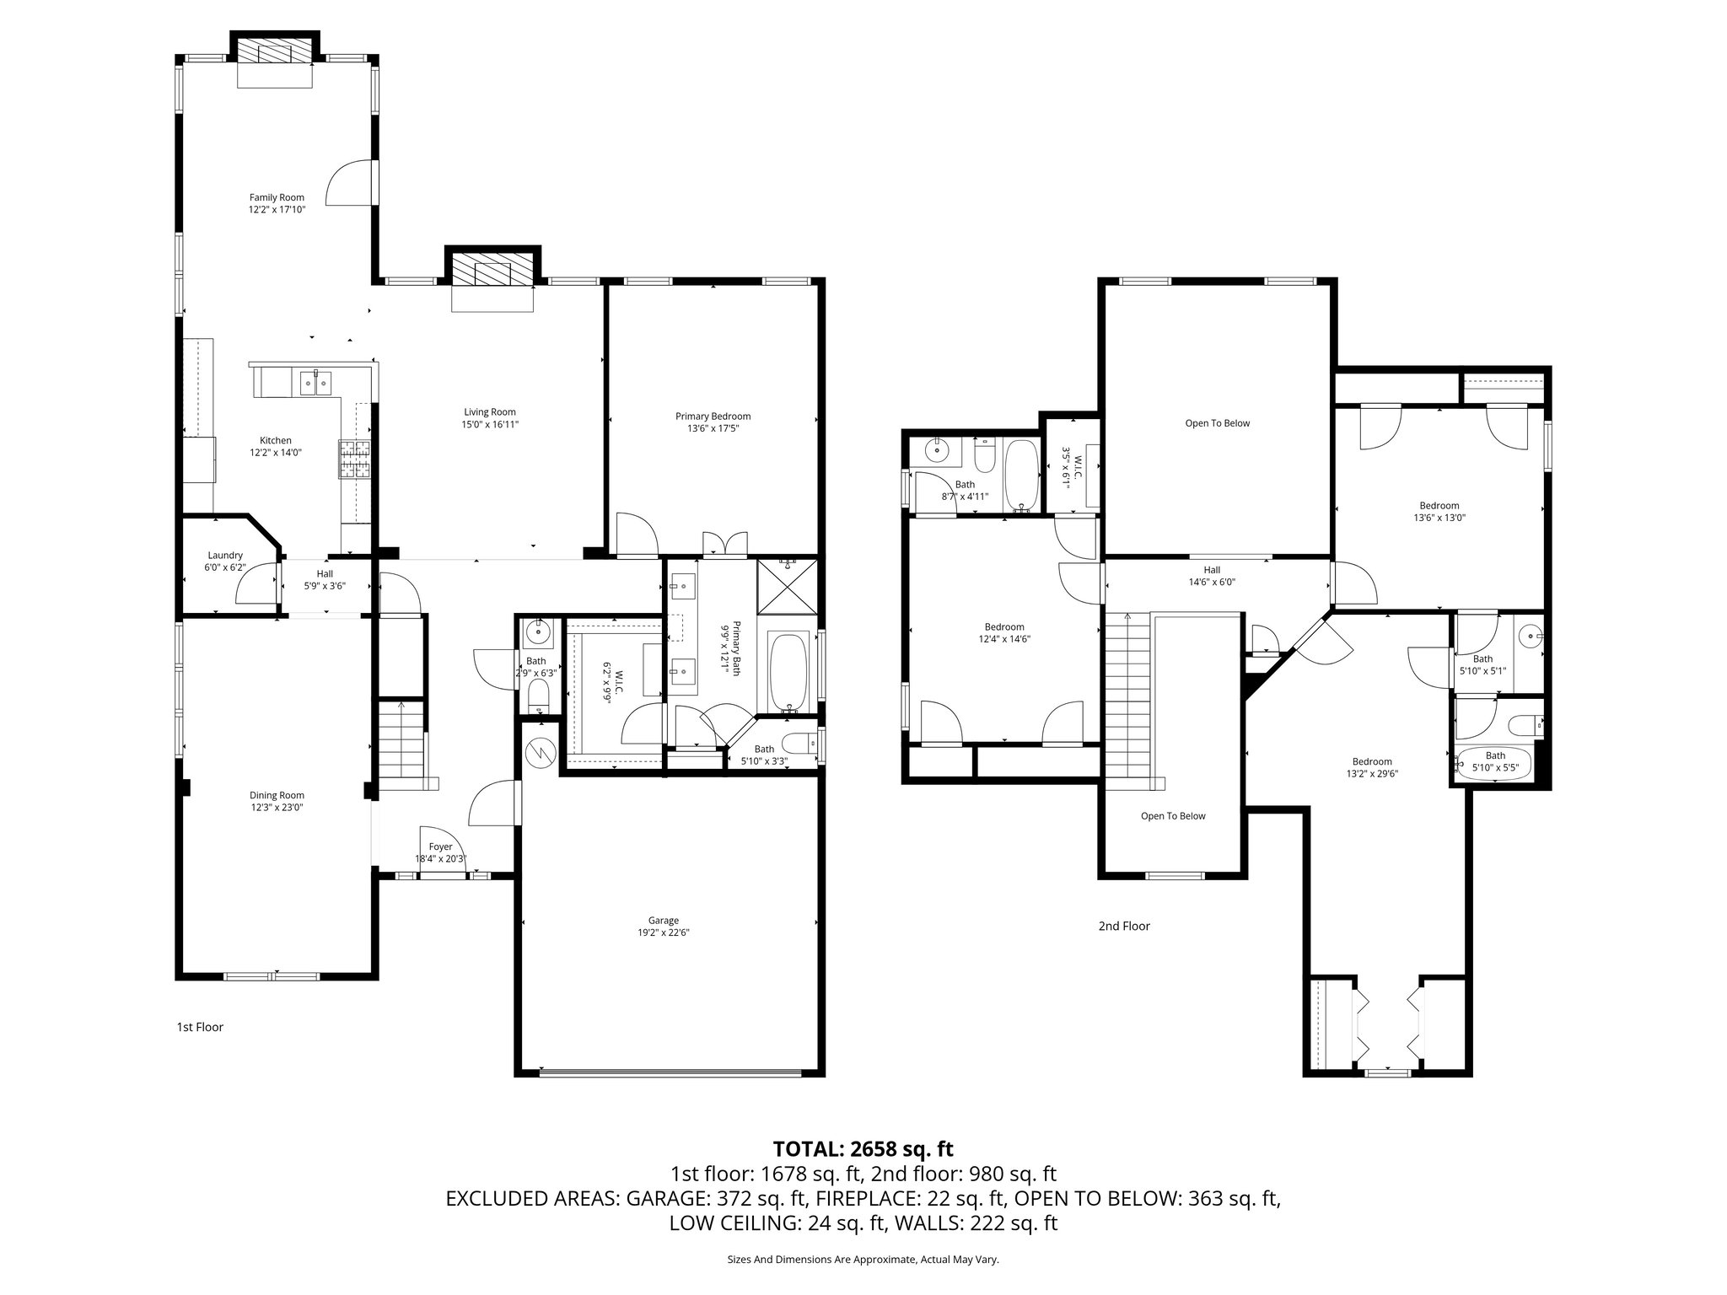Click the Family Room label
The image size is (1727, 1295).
tap(277, 197)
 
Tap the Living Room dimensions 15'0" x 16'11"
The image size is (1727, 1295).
tap(490, 425)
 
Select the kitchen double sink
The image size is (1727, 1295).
tap(315, 382)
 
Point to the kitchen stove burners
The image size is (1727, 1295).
tap(355, 459)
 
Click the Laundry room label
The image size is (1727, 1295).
tap(225, 556)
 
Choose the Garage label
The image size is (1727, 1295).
tap(664, 921)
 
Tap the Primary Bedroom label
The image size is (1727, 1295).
tap(713, 416)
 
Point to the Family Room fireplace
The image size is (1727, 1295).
tap(275, 54)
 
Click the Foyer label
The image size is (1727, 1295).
tap(440, 846)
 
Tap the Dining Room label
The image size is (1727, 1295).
tap(277, 795)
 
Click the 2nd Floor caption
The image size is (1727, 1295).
tap(1124, 926)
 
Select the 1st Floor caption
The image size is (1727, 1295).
tap(200, 1027)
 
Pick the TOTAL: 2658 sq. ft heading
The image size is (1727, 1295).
tap(863, 1148)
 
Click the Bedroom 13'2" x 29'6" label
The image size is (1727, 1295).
tap(1372, 761)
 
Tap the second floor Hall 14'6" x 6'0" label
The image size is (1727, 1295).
tap(1212, 571)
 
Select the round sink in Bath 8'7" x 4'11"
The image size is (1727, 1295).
tap(937, 451)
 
